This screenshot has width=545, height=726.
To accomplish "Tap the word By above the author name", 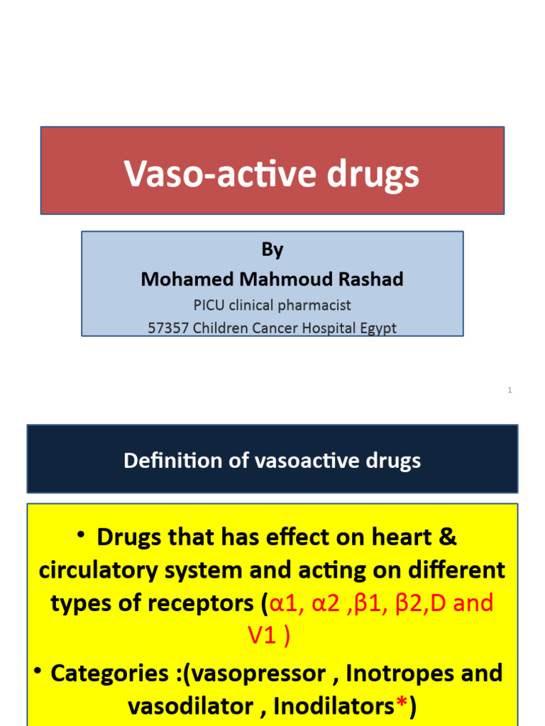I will tap(272, 250).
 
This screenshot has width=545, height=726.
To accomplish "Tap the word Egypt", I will tap(378, 328).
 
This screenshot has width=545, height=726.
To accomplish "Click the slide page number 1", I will tap(510, 390).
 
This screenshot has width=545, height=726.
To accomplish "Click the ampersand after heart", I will tap(448, 537).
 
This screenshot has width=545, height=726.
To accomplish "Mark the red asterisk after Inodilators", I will tap(402, 704).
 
